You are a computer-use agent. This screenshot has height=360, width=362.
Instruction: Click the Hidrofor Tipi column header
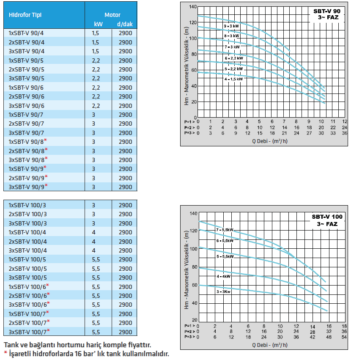[25, 15]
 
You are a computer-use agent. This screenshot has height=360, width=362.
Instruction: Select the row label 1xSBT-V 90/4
[26, 33]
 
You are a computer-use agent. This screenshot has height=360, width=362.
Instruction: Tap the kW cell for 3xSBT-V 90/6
[96, 106]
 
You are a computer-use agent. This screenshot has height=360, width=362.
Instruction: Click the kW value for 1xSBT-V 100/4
[93, 233]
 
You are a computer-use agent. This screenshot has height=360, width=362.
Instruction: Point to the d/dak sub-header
[125, 24]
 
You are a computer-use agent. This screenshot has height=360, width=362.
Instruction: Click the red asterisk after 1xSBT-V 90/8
[46, 140]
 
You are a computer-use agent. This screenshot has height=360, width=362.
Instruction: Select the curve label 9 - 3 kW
[231, 26]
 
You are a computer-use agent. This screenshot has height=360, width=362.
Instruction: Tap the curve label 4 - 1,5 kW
[233, 79]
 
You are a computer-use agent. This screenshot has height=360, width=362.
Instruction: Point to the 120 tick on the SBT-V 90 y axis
[193, 22]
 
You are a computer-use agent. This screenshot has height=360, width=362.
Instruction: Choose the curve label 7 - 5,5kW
[225, 230]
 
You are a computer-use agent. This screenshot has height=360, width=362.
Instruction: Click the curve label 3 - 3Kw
[223, 291]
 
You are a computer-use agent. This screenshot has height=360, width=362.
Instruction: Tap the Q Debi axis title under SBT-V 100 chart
[270, 345]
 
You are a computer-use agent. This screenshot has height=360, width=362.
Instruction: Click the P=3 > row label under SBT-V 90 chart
[189, 133]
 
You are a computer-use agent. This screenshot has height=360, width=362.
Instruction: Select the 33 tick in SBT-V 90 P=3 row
[333, 133]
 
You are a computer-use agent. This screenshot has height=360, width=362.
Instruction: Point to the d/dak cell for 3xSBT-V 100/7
[125, 332]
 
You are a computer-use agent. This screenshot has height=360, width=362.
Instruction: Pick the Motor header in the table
[112, 15]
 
